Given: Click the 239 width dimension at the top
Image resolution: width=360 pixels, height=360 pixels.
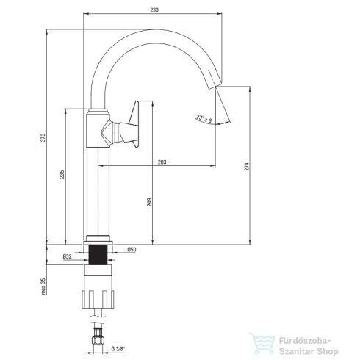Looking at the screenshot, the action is click(154, 10).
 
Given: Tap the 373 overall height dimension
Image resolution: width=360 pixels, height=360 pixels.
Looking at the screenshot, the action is click(43, 137).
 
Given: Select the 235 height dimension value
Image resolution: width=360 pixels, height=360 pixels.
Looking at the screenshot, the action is click(62, 174).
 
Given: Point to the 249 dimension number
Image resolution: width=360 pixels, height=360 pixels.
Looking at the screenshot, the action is click(149, 202).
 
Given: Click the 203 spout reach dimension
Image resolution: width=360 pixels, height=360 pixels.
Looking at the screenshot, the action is click(162, 162).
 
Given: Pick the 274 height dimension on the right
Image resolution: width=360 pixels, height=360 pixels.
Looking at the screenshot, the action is click(247, 166).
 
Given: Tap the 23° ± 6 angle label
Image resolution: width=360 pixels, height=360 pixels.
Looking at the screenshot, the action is click(204, 118).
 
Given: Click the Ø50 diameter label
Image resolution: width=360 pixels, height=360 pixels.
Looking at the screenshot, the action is click(132, 250).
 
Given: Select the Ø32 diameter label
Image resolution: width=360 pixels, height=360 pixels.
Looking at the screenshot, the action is click(67, 256).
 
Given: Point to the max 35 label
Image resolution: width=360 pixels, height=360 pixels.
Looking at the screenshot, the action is click(43, 286).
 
